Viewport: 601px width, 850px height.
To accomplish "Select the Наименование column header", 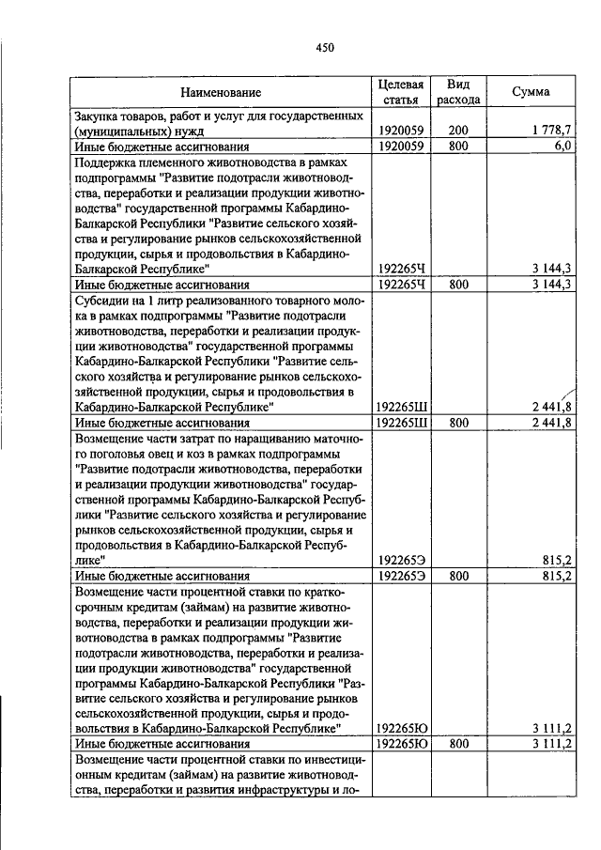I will point(222,92).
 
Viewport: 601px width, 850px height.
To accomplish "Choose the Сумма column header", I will point(531,92).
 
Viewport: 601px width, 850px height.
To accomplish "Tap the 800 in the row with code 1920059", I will point(458,147).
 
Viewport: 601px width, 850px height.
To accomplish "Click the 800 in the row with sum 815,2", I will point(458,575).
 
